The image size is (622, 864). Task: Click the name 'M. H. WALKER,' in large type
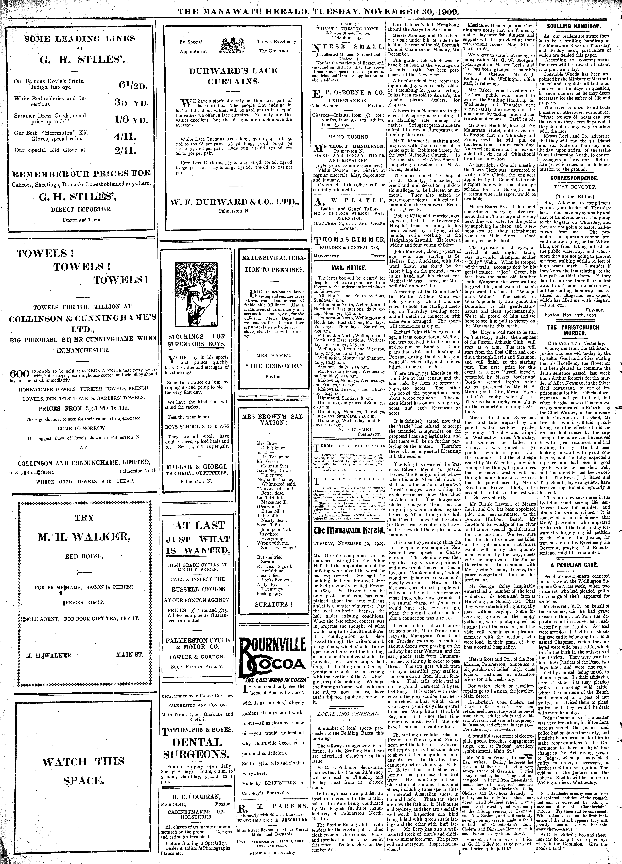pos(84,537)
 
